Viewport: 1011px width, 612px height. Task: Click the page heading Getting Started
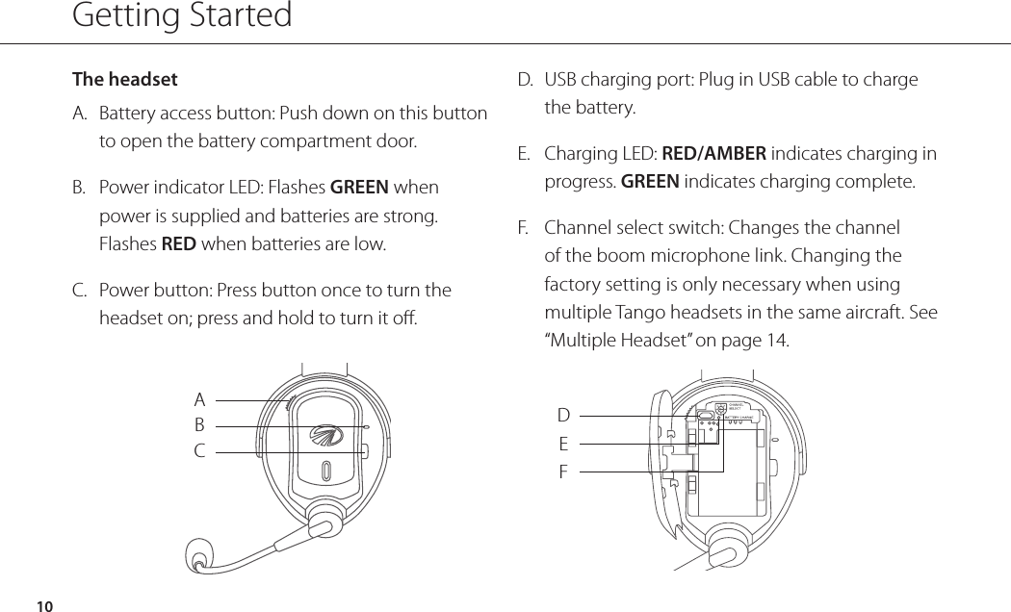point(182,16)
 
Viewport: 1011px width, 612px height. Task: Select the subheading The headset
point(125,79)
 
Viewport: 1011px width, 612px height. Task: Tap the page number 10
point(43,605)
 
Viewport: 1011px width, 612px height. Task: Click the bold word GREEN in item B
point(359,187)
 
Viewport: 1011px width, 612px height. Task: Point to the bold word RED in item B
point(178,243)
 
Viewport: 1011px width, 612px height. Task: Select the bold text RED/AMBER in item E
point(714,154)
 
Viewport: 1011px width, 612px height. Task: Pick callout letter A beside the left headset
point(199,399)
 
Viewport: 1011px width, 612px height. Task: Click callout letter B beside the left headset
point(199,424)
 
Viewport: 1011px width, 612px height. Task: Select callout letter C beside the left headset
point(199,449)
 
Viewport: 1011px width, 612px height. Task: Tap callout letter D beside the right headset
point(563,416)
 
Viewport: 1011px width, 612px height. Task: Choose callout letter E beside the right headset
point(563,445)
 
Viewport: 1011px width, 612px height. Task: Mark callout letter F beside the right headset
point(563,472)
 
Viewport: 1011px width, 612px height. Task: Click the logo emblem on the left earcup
point(326,438)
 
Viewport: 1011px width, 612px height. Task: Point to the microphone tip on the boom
point(199,558)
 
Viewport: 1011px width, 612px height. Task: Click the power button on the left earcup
point(365,450)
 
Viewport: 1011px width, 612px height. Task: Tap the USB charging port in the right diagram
point(705,416)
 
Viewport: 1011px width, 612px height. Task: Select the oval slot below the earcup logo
point(326,472)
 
